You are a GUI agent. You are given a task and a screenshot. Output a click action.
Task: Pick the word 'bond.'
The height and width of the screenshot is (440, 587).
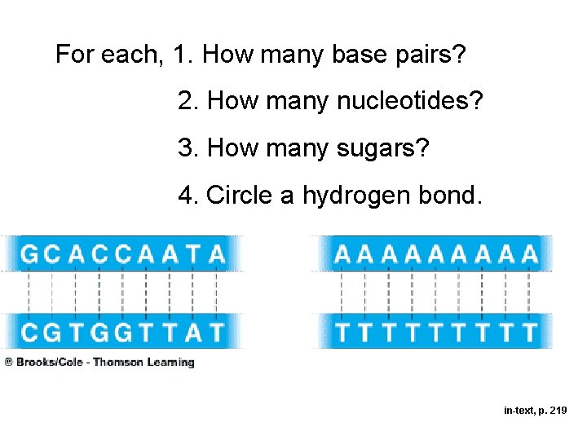click(448, 196)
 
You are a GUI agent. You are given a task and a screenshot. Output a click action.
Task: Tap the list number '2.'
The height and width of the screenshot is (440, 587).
click(189, 102)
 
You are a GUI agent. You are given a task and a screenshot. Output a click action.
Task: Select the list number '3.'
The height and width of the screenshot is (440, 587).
click(189, 149)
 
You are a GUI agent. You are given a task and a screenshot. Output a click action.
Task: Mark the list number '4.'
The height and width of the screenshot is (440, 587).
click(189, 196)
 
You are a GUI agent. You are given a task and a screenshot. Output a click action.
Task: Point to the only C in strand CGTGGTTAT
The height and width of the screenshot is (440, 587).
click(29, 333)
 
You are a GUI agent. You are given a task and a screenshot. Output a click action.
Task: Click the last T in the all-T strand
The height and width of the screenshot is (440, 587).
click(530, 333)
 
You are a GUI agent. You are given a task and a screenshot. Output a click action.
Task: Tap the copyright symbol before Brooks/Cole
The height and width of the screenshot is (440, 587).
click(7, 363)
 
